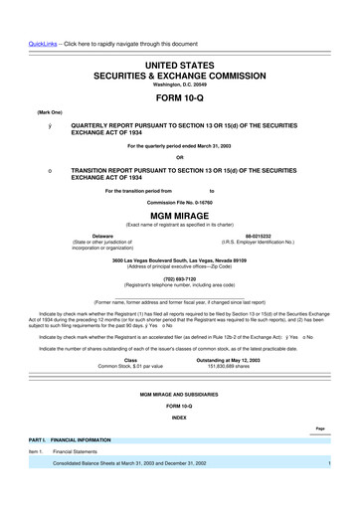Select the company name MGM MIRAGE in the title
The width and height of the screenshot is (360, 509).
[179, 214]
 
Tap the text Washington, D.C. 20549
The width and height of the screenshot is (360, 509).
[179, 84]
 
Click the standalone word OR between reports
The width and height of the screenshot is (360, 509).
[179, 157]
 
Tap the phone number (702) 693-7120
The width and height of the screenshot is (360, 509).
[179, 279]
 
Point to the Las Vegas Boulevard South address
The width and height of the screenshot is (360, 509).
[179, 259]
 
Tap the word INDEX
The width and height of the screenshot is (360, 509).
[179, 419]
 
